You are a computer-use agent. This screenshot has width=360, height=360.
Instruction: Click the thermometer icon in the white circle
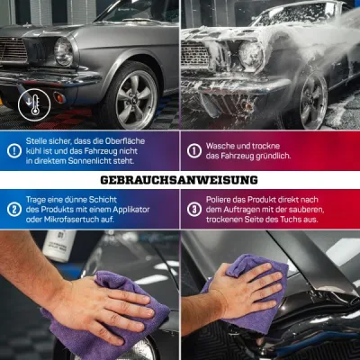click(x=34, y=105)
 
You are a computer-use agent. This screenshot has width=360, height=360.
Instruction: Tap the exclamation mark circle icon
click(x=14, y=151)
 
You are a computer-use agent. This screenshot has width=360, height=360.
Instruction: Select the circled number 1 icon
click(x=194, y=151)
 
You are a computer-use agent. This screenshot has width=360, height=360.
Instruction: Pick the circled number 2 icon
click(x=14, y=210)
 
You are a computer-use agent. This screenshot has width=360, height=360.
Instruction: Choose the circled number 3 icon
click(x=194, y=210)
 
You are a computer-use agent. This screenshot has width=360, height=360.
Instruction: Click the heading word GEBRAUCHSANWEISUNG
click(x=179, y=180)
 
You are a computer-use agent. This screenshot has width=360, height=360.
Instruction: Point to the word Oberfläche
click(x=125, y=141)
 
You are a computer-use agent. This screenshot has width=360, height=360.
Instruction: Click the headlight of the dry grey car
click(x=64, y=51)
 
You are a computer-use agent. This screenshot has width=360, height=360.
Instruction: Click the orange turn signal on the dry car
click(x=58, y=97)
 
